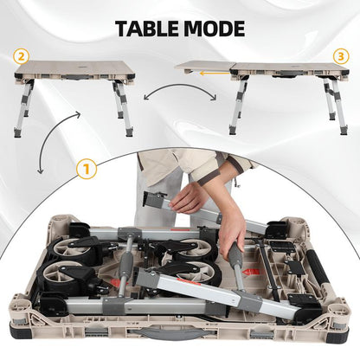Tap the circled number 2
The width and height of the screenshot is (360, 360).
click(x=21, y=56)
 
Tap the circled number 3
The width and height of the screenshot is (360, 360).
click(x=341, y=56)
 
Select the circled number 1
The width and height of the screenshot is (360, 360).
click(x=87, y=170)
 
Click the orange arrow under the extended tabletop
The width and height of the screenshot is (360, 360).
click(x=215, y=74)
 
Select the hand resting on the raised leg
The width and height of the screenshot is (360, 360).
click(x=186, y=199)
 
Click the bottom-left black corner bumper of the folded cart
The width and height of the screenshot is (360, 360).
click(x=20, y=331)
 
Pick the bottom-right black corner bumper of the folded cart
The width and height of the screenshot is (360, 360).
click(x=339, y=331)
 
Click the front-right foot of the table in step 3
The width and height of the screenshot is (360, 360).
click(x=344, y=131)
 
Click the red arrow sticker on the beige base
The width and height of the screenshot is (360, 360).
click(x=252, y=272)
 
